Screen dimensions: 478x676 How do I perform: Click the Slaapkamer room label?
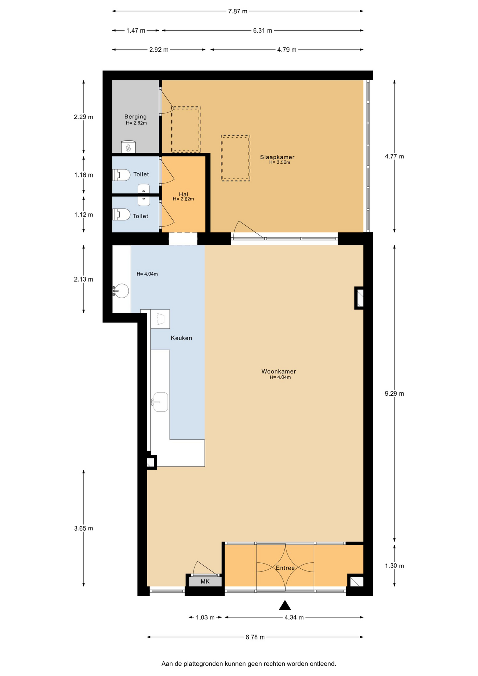coord(277,157)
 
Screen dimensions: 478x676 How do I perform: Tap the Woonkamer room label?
coord(278,371)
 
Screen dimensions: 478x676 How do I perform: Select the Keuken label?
coord(181,338)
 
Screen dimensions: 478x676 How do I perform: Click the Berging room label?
coord(135,117)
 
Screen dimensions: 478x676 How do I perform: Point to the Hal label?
coord(183,194)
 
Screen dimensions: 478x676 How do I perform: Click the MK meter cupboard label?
coord(205,581)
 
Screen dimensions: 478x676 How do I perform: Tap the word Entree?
coord(285,568)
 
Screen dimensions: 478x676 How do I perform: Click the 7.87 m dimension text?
coord(238,11)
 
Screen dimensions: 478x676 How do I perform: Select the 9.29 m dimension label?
coord(394,394)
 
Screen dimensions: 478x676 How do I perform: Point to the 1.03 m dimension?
coord(205,617)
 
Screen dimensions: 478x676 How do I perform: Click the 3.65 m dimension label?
coord(83,528)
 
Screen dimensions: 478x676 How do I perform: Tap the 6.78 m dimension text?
coord(255,637)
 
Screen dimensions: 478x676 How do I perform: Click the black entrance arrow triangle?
coord(285,605)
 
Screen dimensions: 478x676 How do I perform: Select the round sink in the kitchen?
coord(121,291)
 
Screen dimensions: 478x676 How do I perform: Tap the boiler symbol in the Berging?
coord(128,147)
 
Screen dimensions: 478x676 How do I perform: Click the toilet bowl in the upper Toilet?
coord(121,175)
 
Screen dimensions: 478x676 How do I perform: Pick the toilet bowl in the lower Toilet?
coord(121,214)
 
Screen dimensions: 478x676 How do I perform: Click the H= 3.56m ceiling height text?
coord(279,163)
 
